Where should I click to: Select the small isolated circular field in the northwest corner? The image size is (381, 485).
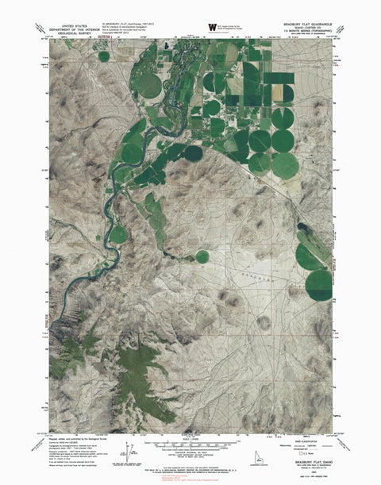(x=103, y=56)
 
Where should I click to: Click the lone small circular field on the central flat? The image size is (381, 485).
(x=202, y=257)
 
